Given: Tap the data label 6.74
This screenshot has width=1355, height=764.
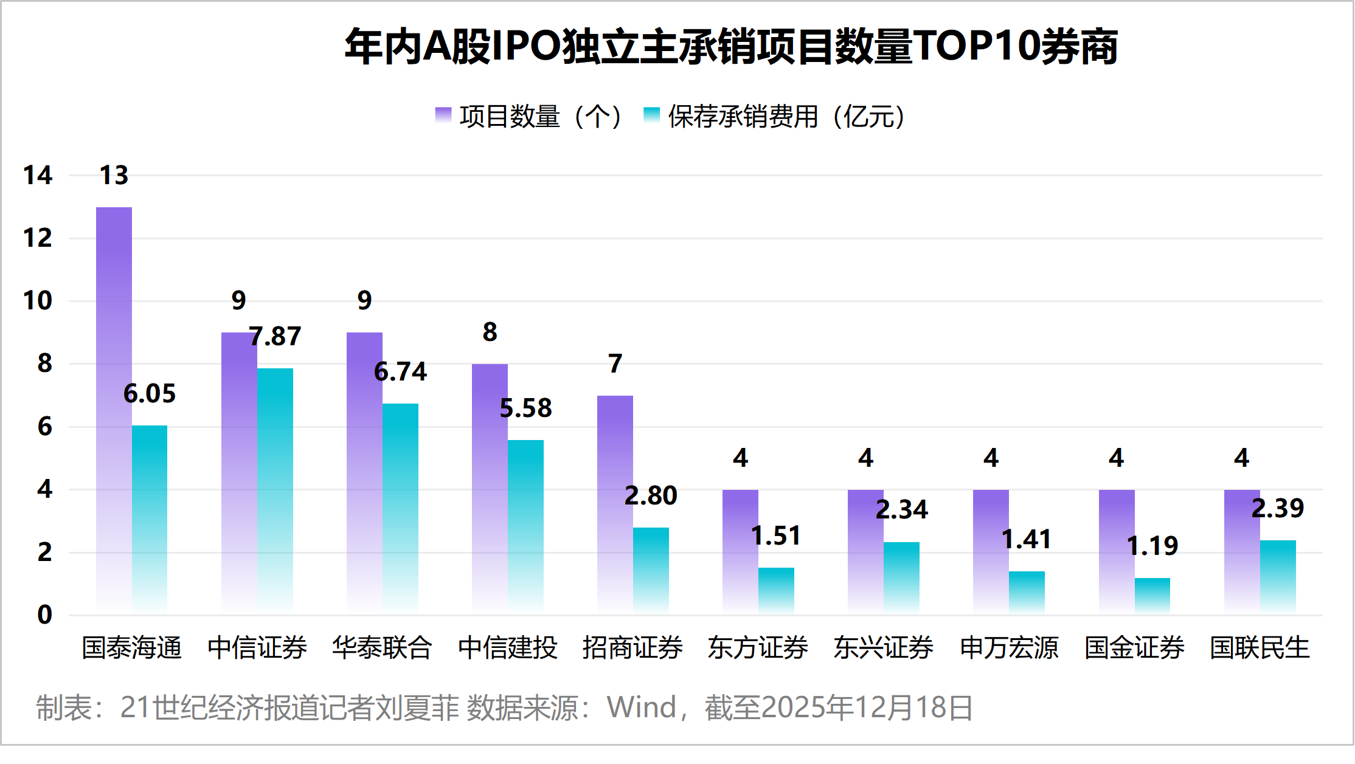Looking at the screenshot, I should (400, 371).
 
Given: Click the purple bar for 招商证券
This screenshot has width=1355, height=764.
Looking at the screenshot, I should (615, 504).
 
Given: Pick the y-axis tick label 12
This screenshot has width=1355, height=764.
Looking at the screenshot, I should (37, 238).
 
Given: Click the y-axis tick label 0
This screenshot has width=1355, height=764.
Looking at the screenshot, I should (44, 614).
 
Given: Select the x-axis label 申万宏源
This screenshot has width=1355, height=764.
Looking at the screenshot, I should (1009, 647).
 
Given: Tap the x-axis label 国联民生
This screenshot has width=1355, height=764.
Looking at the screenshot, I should (1260, 647).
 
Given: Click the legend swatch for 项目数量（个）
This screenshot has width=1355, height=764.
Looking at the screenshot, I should (443, 115).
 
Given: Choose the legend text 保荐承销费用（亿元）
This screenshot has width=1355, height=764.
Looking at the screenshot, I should (787, 116).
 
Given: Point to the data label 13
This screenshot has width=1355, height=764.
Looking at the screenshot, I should (114, 176).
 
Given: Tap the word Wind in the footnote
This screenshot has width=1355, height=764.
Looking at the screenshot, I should (641, 707).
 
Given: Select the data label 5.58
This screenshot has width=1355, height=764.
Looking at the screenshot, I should (525, 408).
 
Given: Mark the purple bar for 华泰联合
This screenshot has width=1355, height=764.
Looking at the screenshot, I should (364, 471).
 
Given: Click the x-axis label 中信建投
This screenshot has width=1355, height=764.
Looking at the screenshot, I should (508, 647).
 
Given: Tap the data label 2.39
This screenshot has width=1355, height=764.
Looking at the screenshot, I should (1277, 508).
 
